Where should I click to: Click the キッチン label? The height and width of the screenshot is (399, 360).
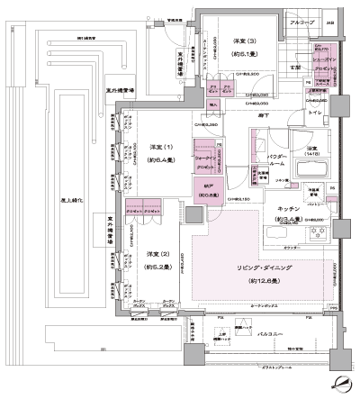pos(289,210)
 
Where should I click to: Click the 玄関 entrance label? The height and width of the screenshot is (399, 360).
pos(296,68)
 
